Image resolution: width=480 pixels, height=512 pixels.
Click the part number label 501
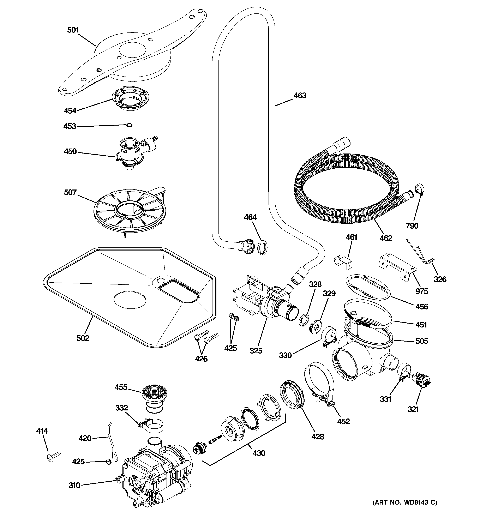coord(73,30)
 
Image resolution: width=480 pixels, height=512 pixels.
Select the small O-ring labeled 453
coord(130,125)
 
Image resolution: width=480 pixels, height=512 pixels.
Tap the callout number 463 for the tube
coord(300,96)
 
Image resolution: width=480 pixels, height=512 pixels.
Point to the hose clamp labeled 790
coord(419,191)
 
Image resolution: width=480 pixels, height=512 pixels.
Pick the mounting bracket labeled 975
coord(397,268)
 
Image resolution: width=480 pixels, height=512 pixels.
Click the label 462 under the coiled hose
coord(386,238)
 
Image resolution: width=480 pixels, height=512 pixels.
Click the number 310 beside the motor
coord(75,485)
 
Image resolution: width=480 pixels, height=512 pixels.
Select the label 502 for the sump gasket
coord(83,338)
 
